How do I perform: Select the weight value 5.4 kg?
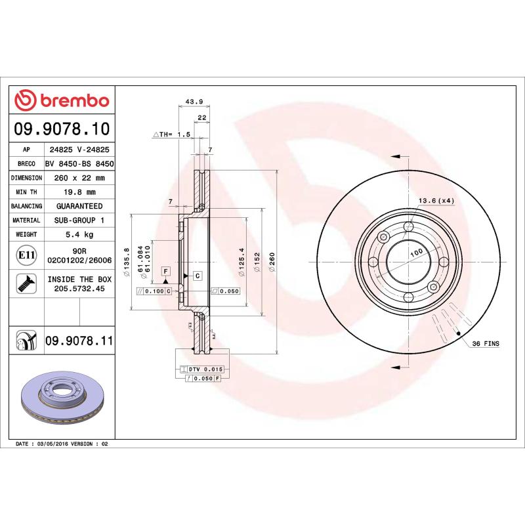pos(79,234)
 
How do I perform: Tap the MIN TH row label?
pos(26,192)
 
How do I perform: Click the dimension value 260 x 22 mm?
pos(79,178)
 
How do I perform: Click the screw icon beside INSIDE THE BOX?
pos(26,283)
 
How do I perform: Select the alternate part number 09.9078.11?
pos(79,341)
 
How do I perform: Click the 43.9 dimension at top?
pos(194,101)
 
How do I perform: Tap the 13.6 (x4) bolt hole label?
pos(437,200)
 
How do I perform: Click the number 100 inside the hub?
pos(415,253)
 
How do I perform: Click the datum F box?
pos(166,270)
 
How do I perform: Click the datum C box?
pos(197,275)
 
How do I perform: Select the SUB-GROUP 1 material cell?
pos(79,220)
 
